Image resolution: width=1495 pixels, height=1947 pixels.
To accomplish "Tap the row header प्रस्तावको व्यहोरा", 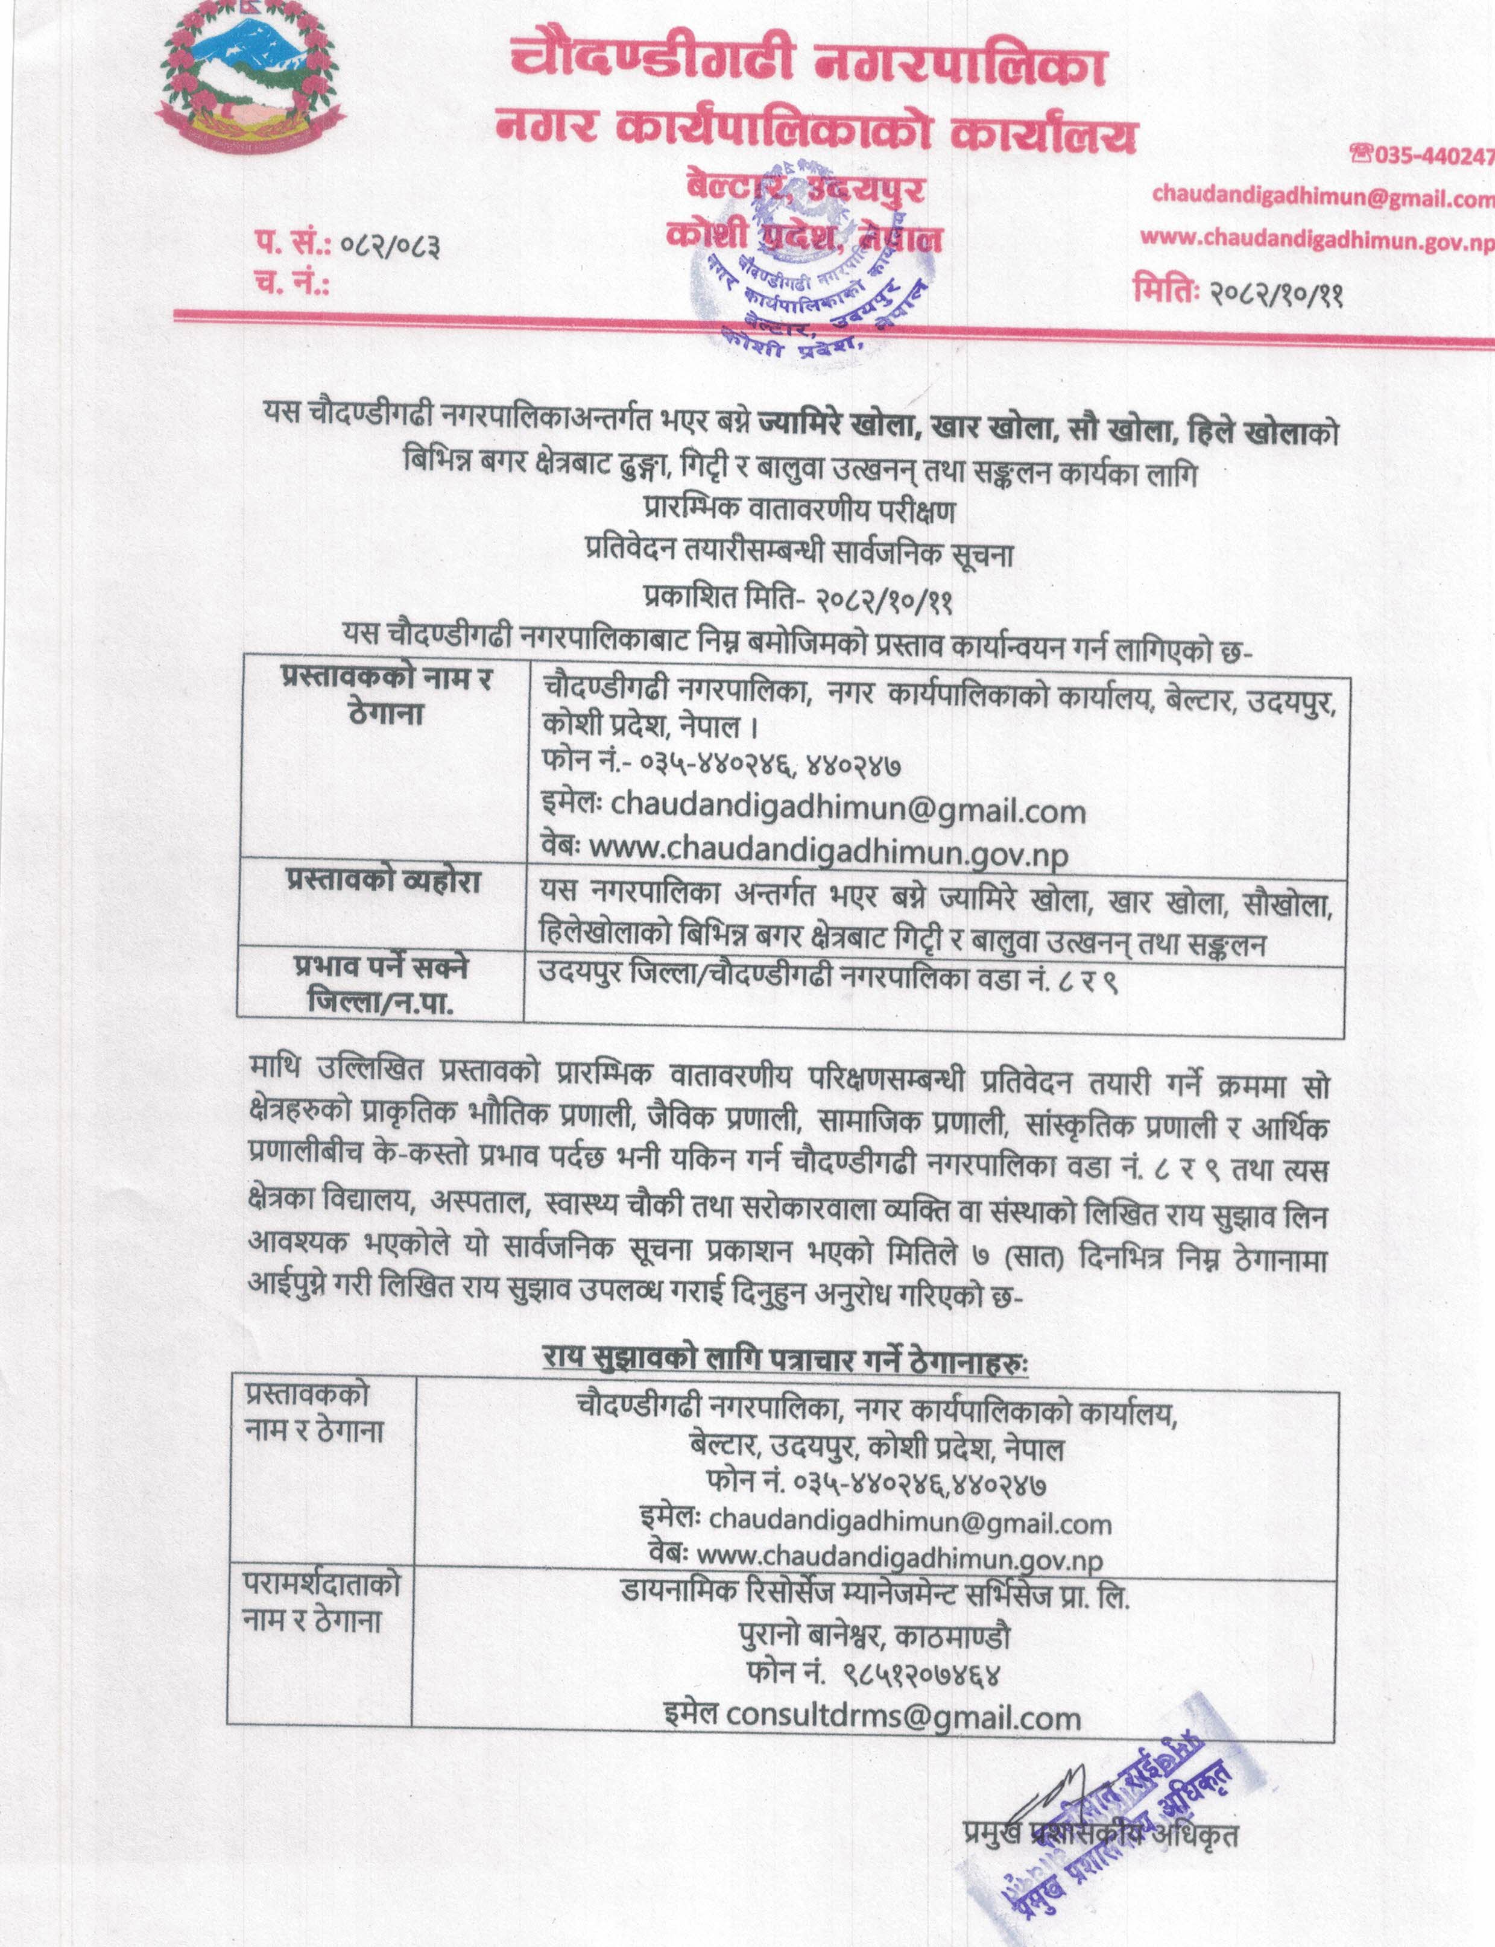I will [384, 882].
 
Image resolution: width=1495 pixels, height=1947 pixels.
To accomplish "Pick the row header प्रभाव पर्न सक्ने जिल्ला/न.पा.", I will [381, 984].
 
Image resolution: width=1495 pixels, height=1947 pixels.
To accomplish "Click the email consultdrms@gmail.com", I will [872, 1717].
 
